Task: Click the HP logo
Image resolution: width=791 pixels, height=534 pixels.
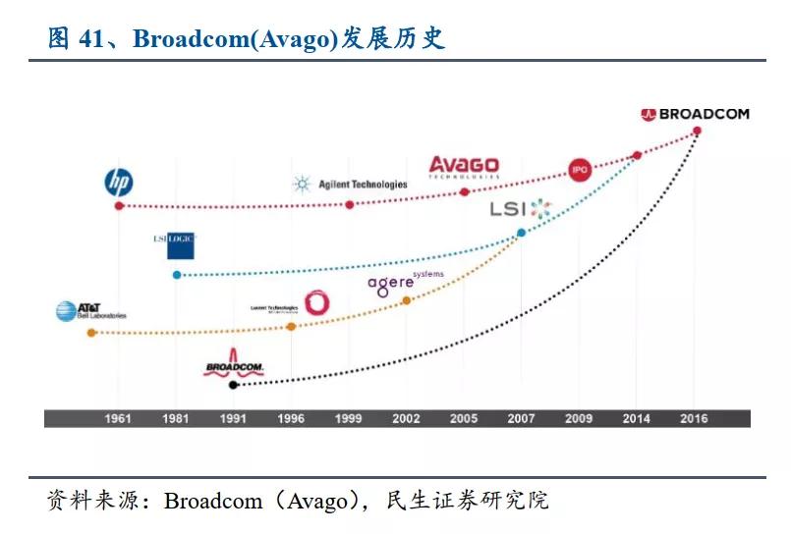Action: pyautogui.click(x=119, y=182)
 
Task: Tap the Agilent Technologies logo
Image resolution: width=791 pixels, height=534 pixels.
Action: pyautogui.click(x=350, y=184)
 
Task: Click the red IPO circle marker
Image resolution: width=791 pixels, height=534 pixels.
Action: pyautogui.click(x=580, y=170)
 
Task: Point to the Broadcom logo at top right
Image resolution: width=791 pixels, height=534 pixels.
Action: pyautogui.click(x=695, y=114)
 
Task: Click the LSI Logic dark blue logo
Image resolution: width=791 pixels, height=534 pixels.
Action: pyautogui.click(x=174, y=244)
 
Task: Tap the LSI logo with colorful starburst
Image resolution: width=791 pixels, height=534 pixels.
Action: pyautogui.click(x=522, y=208)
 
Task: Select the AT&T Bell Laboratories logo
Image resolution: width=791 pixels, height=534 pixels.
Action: pyautogui.click(x=90, y=311)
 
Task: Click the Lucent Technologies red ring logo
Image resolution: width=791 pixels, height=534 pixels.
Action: pyautogui.click(x=316, y=302)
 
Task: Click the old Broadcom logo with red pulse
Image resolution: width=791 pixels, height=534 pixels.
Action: pyautogui.click(x=233, y=364)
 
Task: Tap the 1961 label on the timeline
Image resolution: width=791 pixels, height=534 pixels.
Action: pyautogui.click(x=118, y=419)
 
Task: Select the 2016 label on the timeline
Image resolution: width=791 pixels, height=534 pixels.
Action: pyautogui.click(x=695, y=419)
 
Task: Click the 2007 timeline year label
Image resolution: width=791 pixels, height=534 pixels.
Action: pyautogui.click(x=521, y=419)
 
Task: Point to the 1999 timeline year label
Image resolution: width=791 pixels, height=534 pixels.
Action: pyautogui.click(x=348, y=419)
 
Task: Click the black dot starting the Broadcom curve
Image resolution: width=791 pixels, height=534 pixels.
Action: pyautogui.click(x=233, y=385)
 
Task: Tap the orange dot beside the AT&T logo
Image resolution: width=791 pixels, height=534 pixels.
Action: pyautogui.click(x=91, y=333)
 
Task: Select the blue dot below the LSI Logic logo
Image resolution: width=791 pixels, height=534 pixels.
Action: pyautogui.click(x=177, y=275)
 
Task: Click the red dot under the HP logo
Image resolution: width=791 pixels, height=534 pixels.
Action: pyautogui.click(x=119, y=205)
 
